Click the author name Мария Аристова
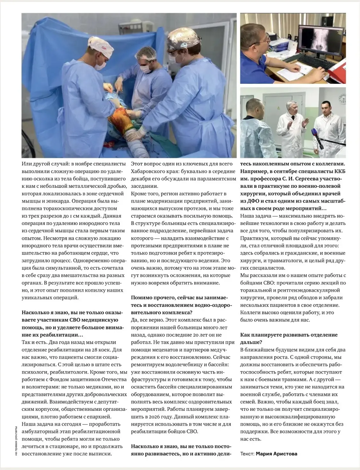pos(276,454)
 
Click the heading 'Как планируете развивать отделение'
pos(289,335)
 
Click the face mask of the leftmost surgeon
pos(100,65)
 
